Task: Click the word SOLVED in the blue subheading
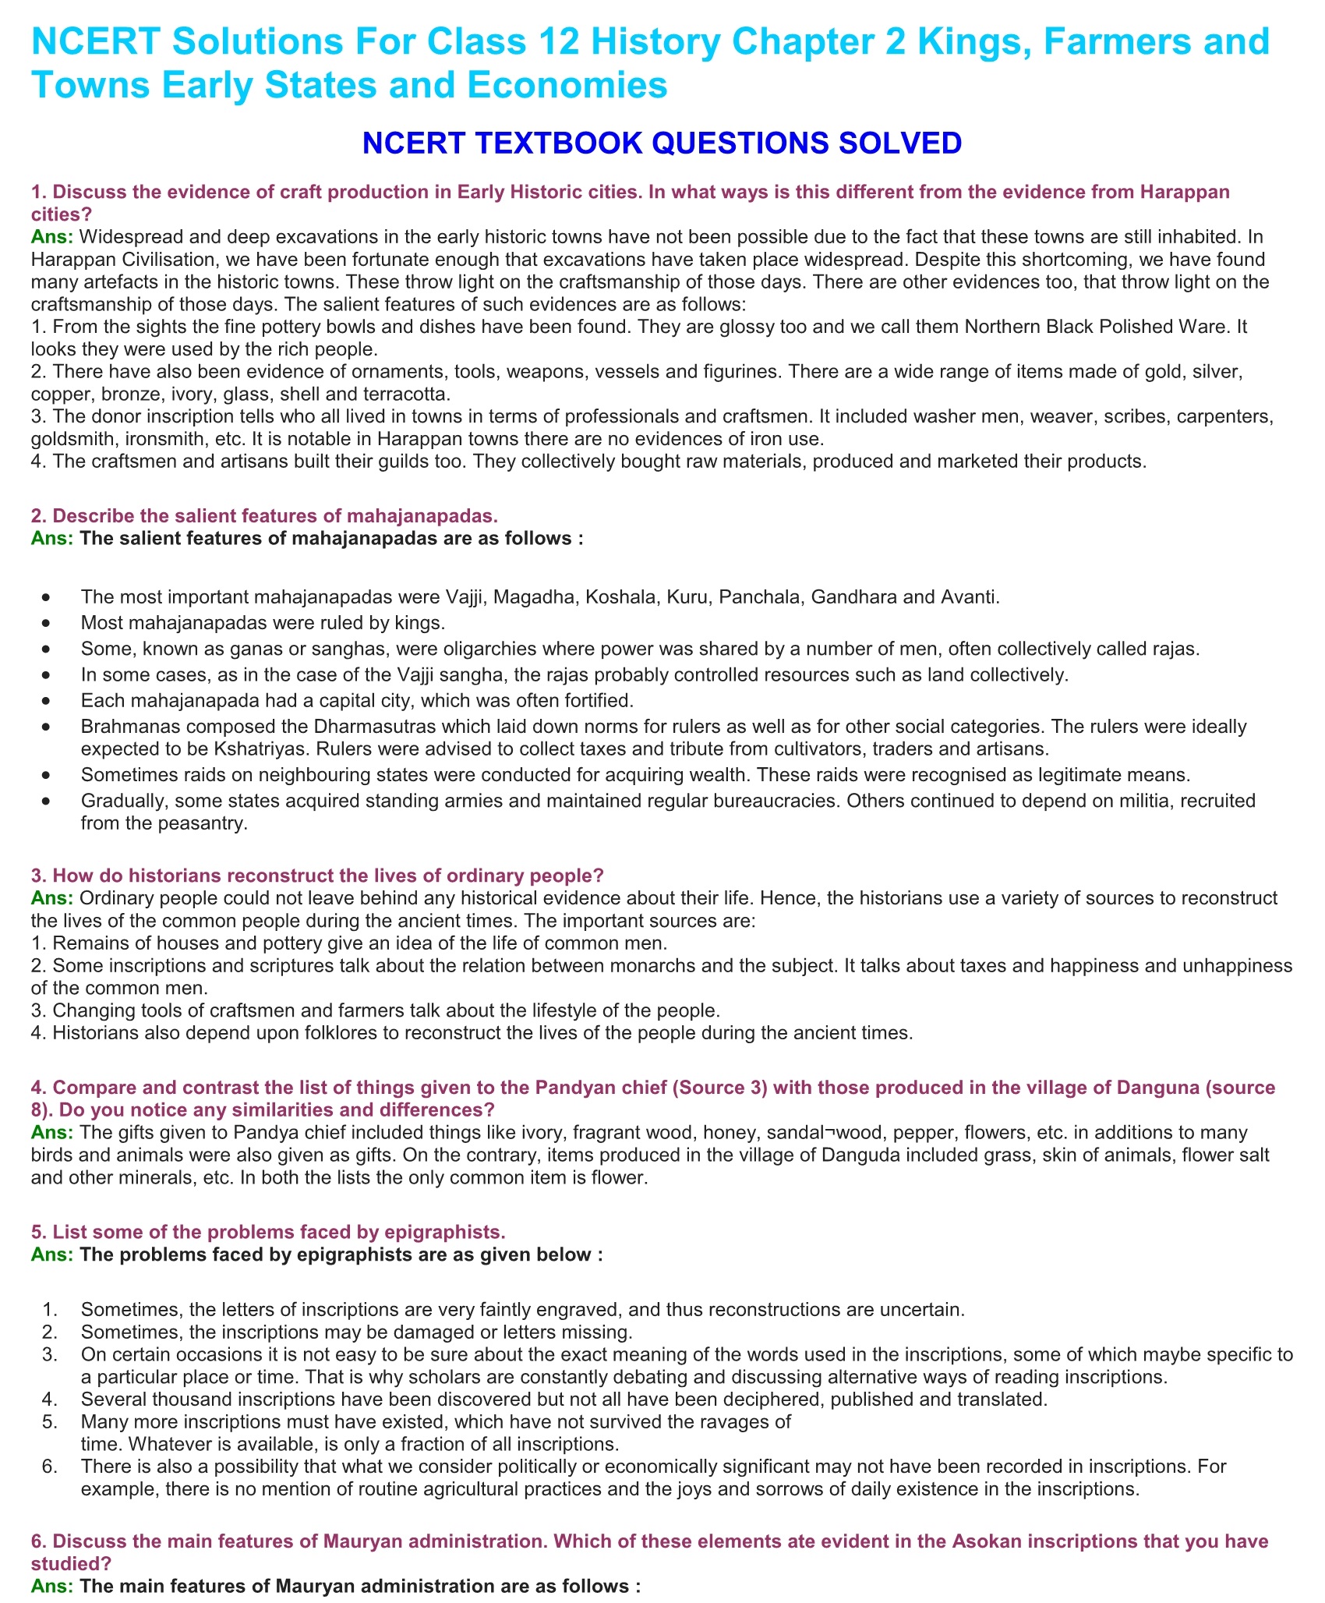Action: click(x=892, y=143)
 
